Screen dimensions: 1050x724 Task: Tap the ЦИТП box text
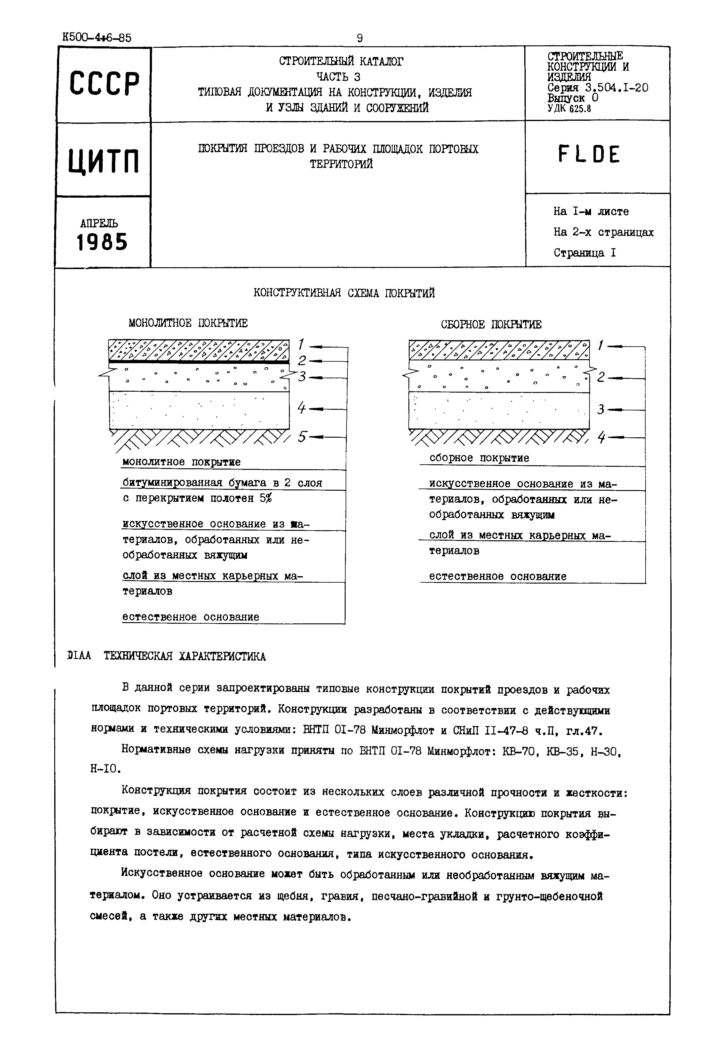tap(104, 161)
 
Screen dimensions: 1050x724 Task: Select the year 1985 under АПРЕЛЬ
tap(102, 242)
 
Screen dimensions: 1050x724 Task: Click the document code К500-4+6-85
tap(97, 37)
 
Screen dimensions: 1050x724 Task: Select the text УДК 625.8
tap(569, 108)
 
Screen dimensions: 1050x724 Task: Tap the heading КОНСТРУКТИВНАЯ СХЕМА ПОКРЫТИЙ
tap(344, 294)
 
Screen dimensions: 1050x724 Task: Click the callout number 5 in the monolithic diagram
tap(302, 436)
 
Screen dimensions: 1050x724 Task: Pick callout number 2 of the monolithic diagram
tap(302, 361)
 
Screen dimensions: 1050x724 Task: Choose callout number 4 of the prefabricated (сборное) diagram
tap(601, 437)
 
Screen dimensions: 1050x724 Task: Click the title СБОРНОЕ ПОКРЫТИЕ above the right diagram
tap(491, 325)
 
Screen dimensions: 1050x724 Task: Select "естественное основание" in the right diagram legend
tap(498, 576)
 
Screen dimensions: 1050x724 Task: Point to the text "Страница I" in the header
tap(584, 253)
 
